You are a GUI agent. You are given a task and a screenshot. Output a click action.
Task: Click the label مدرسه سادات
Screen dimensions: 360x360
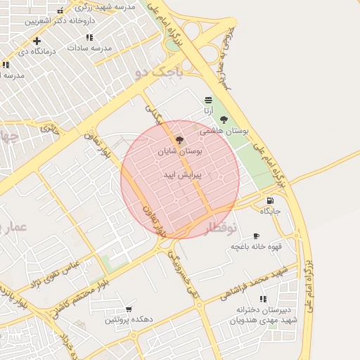pyautogui.click(x=89, y=48)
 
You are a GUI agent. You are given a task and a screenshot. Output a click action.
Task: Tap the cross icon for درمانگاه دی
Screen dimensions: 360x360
pyautogui.click(x=37, y=41)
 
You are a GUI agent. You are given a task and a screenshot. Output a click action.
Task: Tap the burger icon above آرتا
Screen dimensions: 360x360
pyautogui.click(x=207, y=100)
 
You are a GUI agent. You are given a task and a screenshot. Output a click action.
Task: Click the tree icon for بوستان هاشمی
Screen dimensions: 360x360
pyautogui.click(x=224, y=119)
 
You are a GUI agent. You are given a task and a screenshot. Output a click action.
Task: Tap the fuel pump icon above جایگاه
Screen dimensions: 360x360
pyautogui.click(x=271, y=200)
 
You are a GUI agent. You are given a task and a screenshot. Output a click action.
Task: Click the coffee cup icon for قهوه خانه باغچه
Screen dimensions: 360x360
pyautogui.click(x=256, y=236)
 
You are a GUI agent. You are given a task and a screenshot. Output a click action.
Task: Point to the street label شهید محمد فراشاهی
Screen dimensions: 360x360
pyautogui.click(x=254, y=281)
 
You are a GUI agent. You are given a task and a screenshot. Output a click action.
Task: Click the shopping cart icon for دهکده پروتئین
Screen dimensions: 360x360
pyautogui.click(x=129, y=309)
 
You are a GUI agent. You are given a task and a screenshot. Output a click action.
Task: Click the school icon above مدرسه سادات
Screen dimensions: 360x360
pyautogui.click(x=89, y=37)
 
